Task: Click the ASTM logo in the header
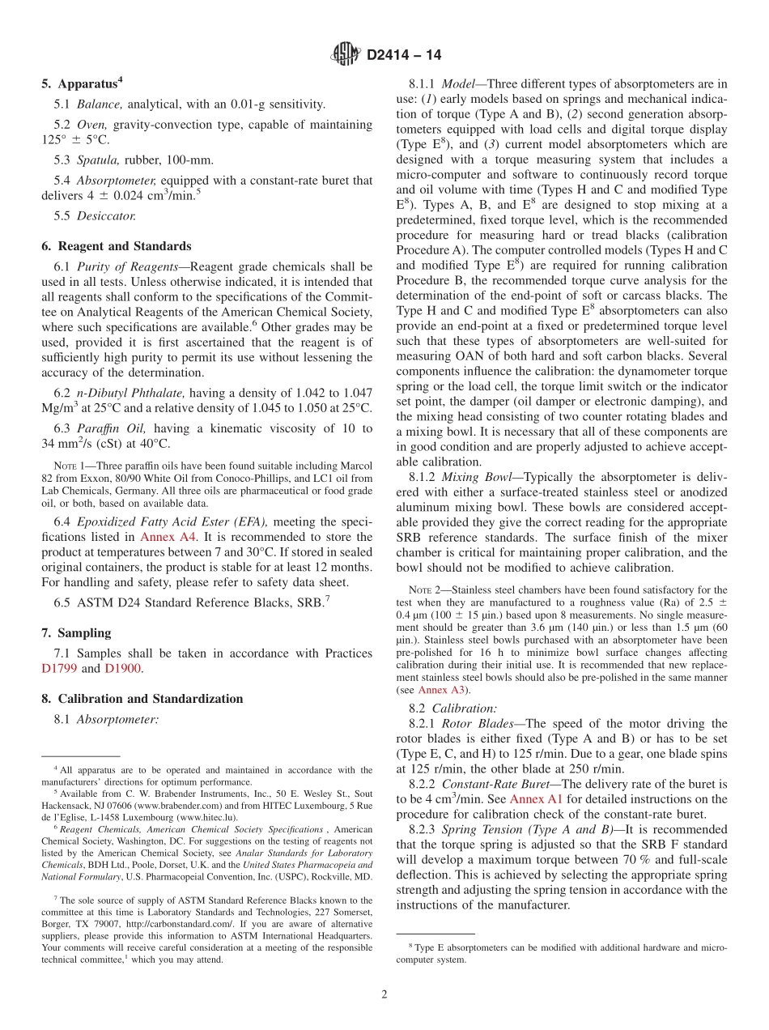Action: pos(346,55)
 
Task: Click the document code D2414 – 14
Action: pos(404,56)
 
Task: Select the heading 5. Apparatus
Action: pos(82,83)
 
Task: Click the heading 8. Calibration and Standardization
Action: pos(142,698)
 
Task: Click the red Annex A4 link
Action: pos(165,537)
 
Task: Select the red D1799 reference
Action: pos(59,668)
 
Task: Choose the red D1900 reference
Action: pos(112,668)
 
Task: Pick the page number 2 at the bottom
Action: pos(384,994)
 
